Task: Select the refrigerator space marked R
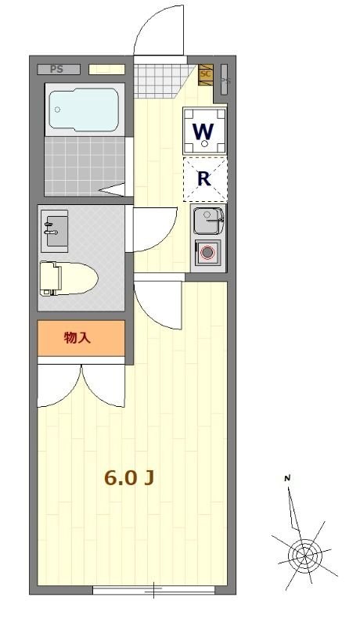coord(205,179)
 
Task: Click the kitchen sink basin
coord(208,219)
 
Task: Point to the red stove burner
coord(207,253)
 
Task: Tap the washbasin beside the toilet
coord(54,228)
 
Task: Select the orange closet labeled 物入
coord(81,337)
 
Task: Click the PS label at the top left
coord(56,69)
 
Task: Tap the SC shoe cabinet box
coord(206,74)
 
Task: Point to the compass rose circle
coord(303,556)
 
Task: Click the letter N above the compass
coord(287,478)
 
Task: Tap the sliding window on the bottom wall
coord(153,589)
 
